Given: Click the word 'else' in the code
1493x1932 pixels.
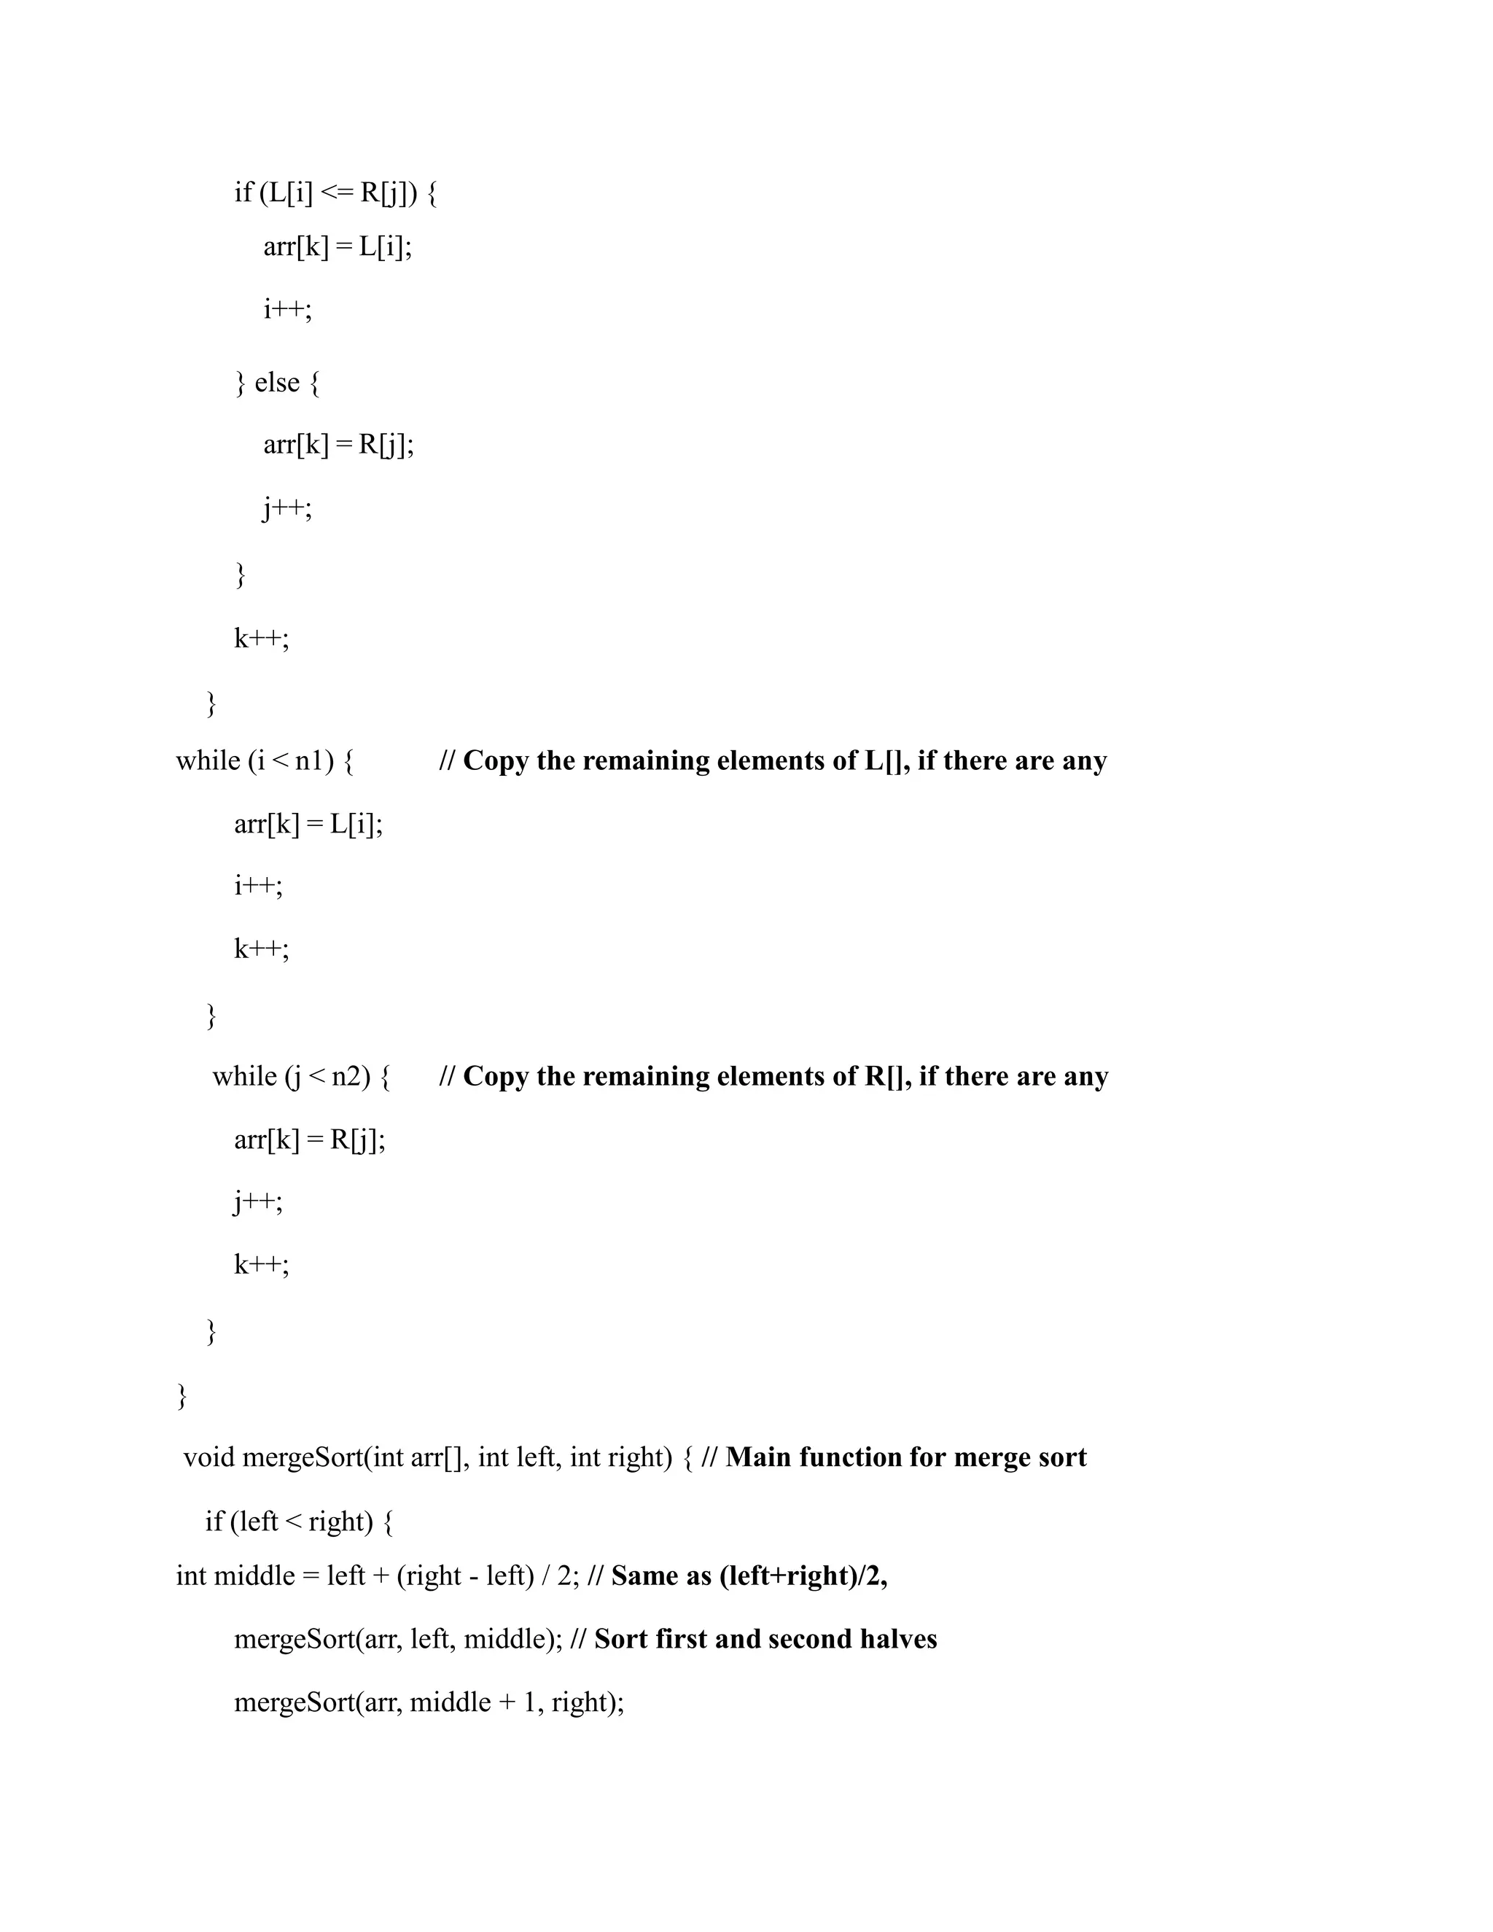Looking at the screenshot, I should pos(277,383).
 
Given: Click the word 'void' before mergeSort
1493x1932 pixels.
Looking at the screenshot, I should pos(208,1457).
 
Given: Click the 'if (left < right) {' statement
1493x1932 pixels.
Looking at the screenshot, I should pos(299,1521).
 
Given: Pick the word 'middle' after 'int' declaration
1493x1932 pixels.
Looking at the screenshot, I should pos(254,1575).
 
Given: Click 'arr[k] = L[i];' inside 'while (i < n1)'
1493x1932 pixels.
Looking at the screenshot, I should pos(308,825).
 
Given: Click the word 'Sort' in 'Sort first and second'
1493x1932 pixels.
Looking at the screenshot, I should pos(620,1639).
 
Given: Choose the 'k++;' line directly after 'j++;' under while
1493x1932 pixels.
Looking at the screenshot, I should pos(261,1264).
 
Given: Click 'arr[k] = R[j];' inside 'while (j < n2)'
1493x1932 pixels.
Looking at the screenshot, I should pos(310,1140).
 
